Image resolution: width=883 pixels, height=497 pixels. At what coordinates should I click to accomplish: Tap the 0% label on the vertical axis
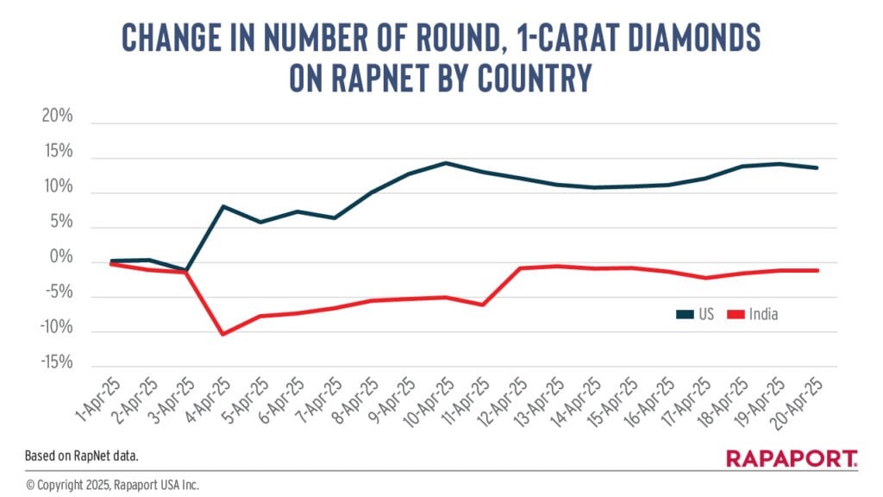(61, 258)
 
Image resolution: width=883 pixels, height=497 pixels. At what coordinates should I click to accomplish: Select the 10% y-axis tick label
(58, 189)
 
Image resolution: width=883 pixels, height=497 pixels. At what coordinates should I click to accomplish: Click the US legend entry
(696, 314)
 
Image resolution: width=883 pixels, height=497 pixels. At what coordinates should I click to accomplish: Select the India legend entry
(755, 314)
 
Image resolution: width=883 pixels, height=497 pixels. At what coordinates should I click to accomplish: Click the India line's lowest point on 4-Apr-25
(224, 334)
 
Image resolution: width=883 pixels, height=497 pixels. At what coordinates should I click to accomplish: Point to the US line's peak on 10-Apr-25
(445, 162)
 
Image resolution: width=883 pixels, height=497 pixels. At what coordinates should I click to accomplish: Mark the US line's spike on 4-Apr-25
(224, 206)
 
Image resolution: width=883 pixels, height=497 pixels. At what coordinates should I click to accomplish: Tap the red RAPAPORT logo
(792, 458)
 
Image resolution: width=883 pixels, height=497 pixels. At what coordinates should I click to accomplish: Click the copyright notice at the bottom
(112, 485)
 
